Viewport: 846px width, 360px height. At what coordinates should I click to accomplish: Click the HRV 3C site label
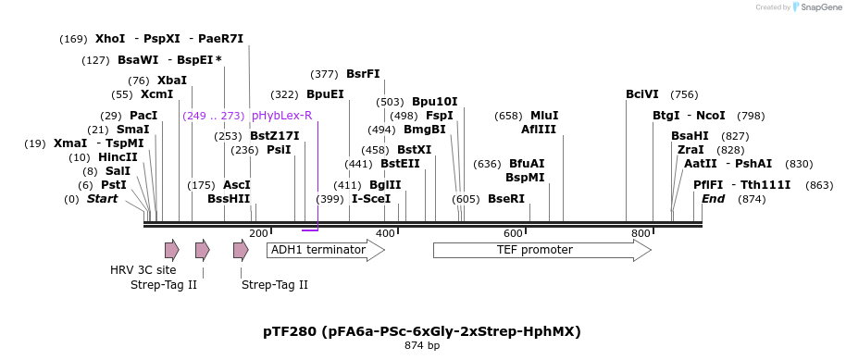pyautogui.click(x=143, y=270)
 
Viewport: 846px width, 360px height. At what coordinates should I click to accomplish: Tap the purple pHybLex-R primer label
pyautogui.click(x=281, y=116)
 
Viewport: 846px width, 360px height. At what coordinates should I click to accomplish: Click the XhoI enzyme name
pyautogui.click(x=110, y=39)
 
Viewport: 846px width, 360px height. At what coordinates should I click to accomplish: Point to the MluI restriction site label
pyautogui.click(x=544, y=116)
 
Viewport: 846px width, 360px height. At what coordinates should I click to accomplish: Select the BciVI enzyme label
pyautogui.click(x=642, y=94)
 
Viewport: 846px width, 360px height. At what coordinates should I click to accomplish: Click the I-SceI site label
pyautogui.click(x=371, y=199)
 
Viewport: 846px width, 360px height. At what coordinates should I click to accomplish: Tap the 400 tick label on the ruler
pyautogui.click(x=385, y=233)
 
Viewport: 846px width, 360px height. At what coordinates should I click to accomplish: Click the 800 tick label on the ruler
pyautogui.click(x=640, y=233)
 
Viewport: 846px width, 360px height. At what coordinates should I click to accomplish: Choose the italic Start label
pyautogui.click(x=102, y=199)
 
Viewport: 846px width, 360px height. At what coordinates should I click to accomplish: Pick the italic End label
pyautogui.click(x=713, y=199)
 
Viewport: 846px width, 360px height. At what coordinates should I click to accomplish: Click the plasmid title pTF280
pyautogui.click(x=422, y=330)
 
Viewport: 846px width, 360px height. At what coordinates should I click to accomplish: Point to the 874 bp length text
pyautogui.click(x=422, y=346)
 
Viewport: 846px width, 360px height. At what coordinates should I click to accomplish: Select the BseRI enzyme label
pyautogui.click(x=506, y=199)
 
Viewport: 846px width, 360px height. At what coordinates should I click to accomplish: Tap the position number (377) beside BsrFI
pyautogui.click(x=324, y=74)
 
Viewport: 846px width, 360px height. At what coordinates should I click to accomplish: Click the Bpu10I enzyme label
pyautogui.click(x=435, y=102)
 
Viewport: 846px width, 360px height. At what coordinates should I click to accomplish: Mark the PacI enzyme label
pyautogui.click(x=143, y=116)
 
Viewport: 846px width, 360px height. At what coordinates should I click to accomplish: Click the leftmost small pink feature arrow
pyautogui.click(x=171, y=250)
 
